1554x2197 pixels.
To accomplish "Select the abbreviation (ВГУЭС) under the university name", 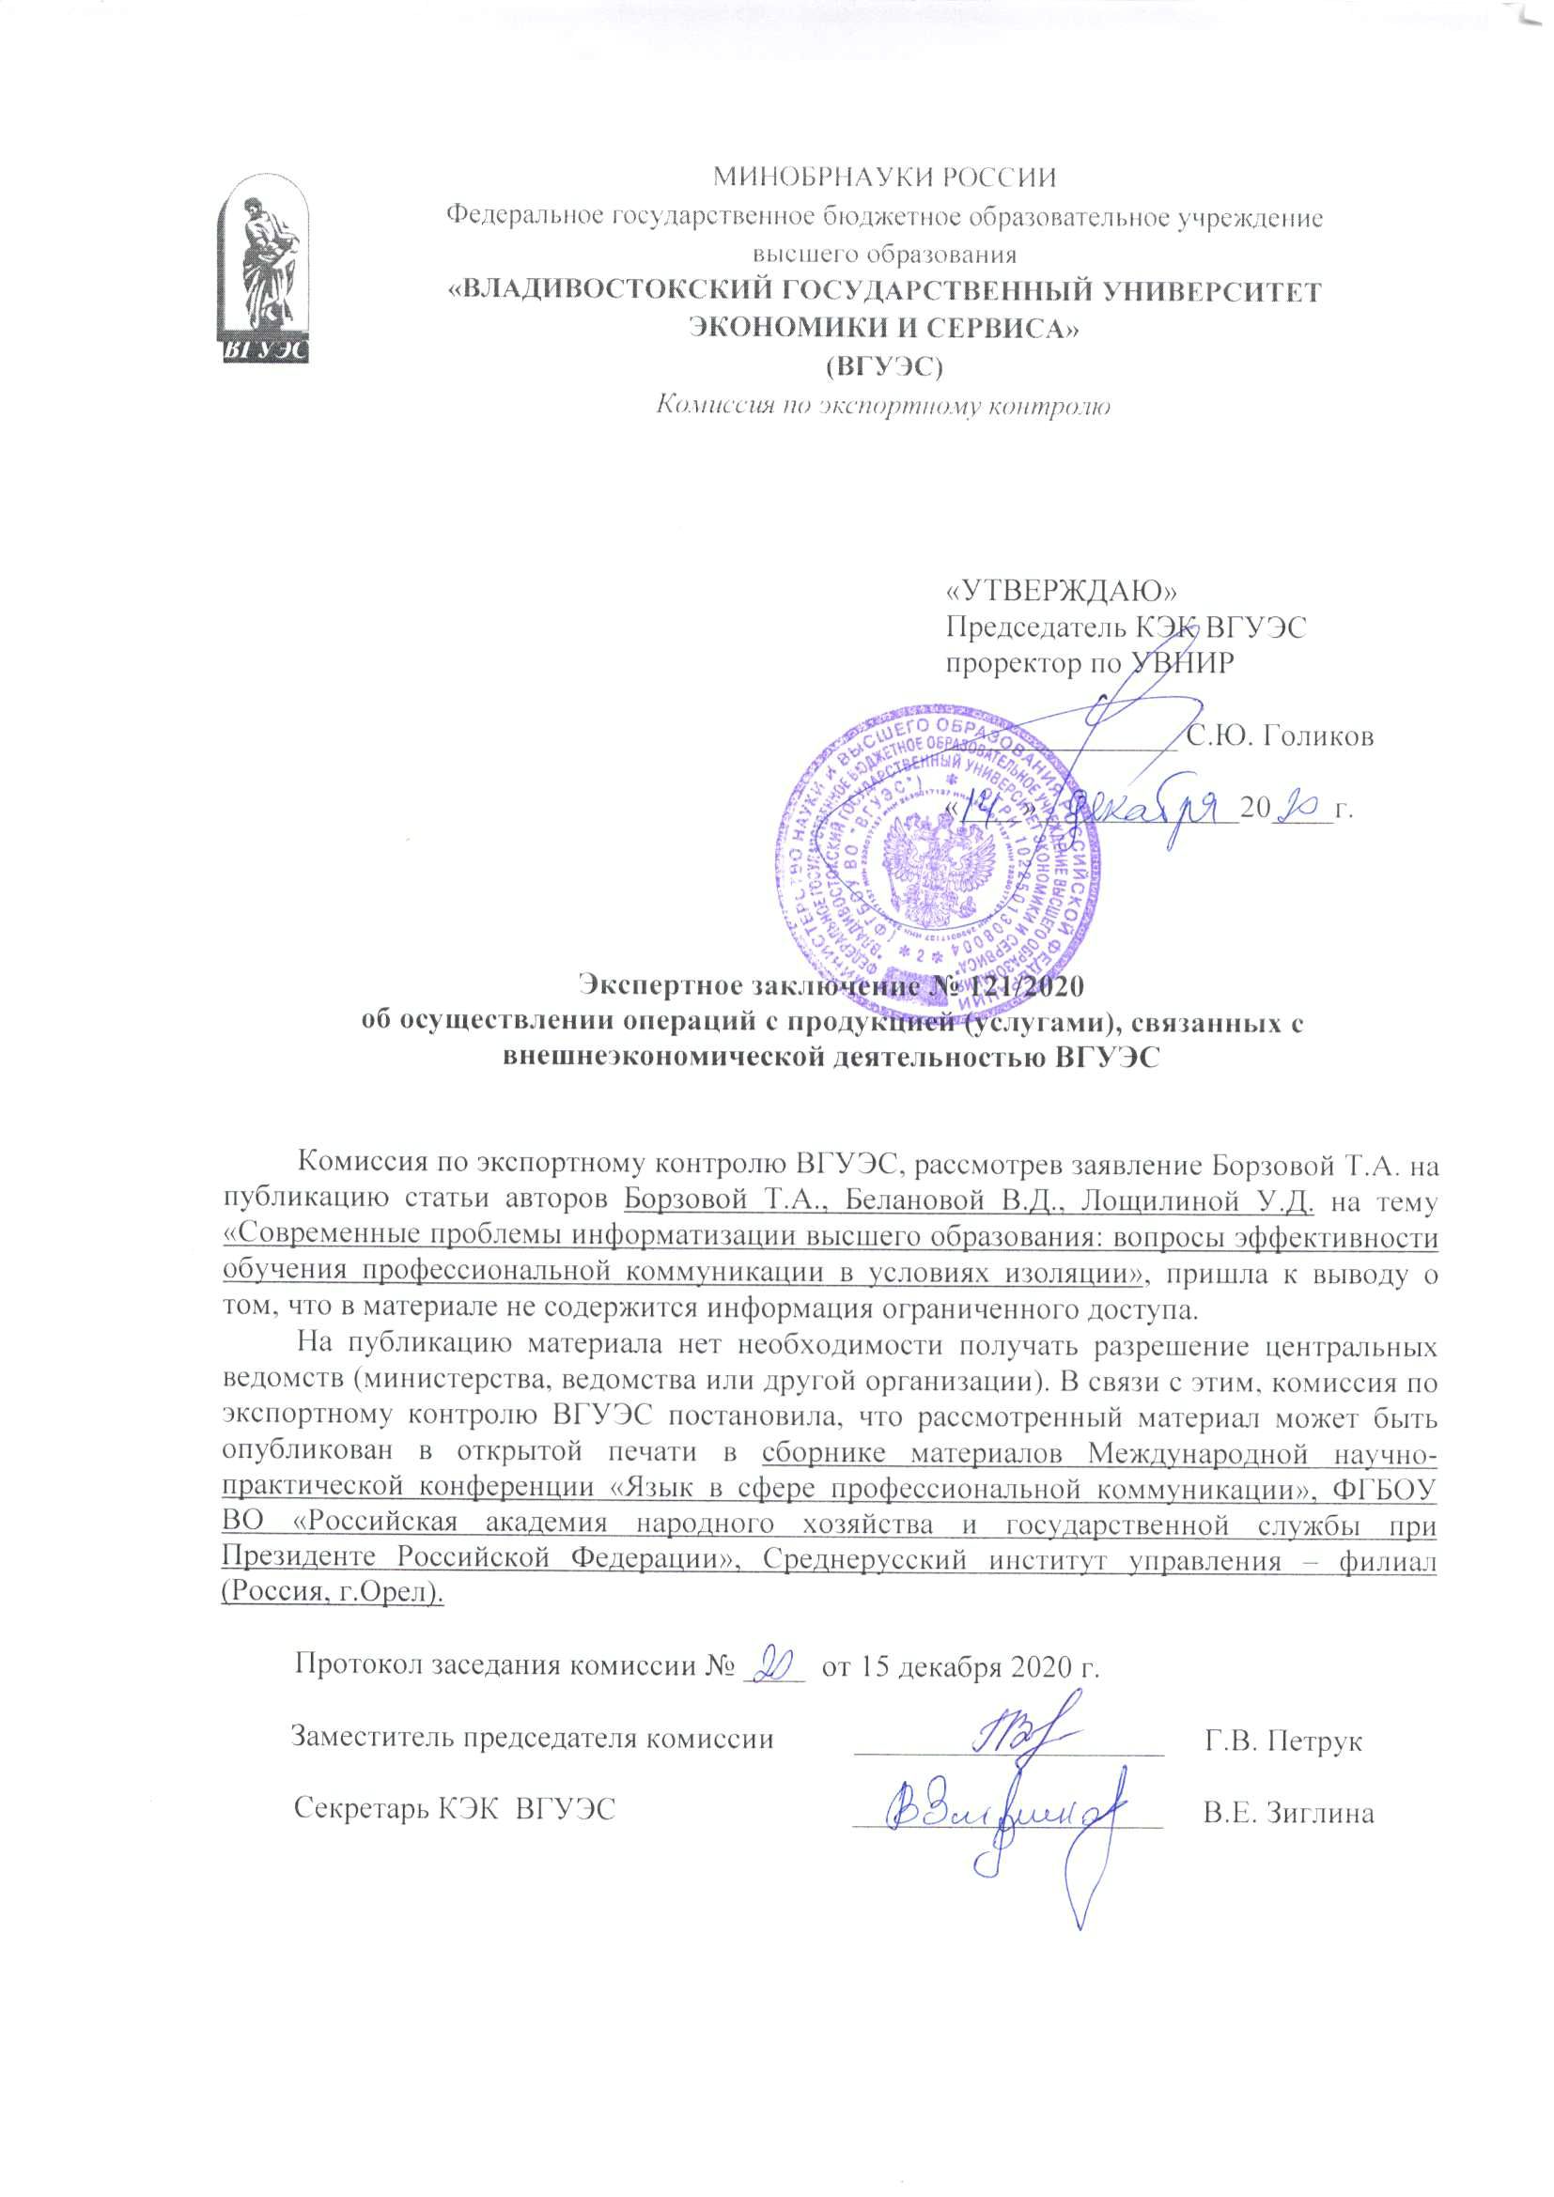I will [x=885, y=365].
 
